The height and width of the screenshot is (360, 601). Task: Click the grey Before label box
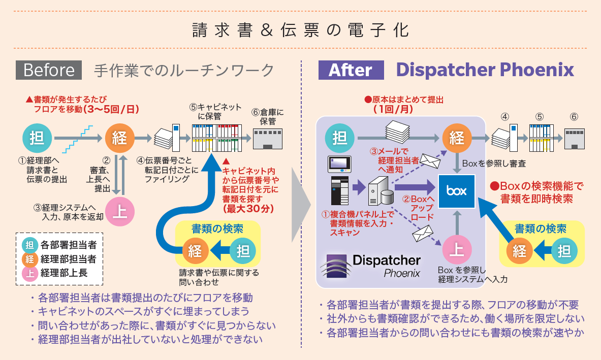(49, 70)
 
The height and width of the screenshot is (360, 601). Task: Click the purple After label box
(351, 70)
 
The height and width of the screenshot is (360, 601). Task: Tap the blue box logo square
(457, 190)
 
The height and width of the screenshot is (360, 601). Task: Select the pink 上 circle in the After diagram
(457, 249)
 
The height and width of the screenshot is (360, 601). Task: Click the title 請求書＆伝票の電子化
(300, 29)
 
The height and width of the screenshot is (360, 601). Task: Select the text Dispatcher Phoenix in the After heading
(485, 70)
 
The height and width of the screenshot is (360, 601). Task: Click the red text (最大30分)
(241, 208)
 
